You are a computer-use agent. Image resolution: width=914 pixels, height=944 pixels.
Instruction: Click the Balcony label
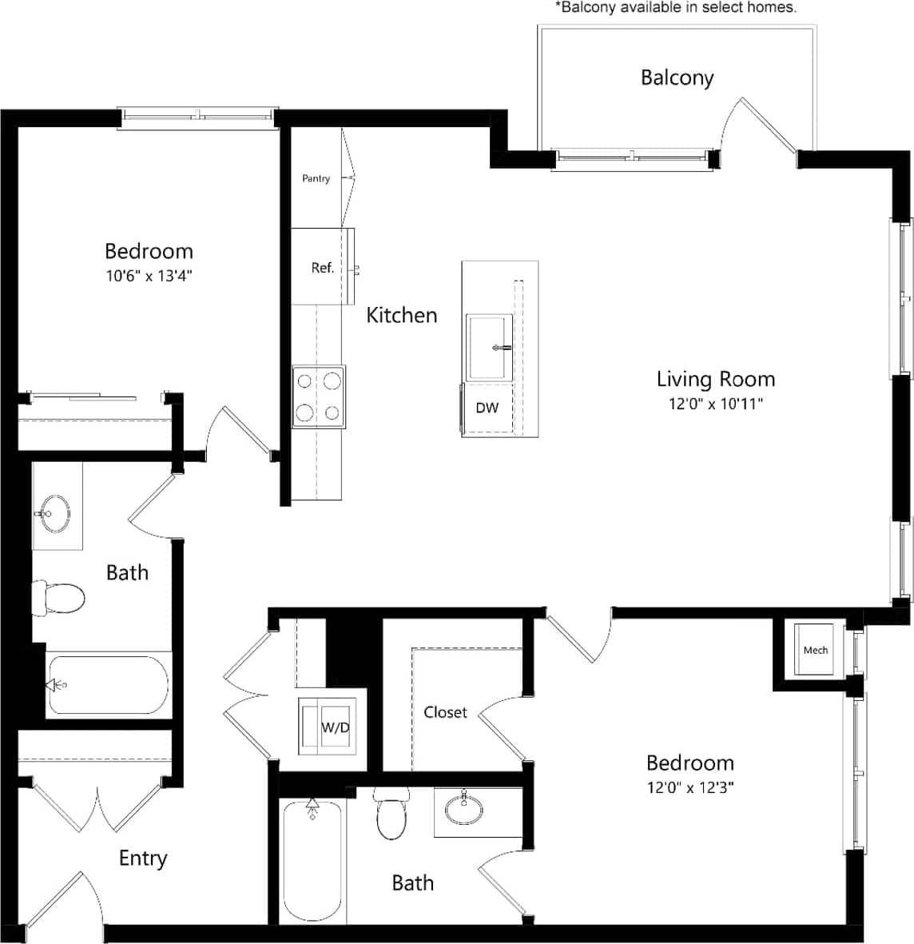677,78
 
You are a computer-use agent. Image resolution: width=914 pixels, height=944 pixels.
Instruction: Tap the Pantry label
316,178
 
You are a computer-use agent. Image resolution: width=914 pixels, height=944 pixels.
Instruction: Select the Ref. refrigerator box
323,267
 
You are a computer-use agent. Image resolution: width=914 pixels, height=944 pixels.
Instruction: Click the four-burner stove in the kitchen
319,397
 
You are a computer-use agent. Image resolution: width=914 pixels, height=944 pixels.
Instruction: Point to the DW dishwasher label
487,408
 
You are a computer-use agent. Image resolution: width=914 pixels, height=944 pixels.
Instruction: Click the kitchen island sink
488,348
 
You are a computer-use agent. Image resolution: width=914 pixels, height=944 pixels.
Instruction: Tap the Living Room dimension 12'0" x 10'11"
715,404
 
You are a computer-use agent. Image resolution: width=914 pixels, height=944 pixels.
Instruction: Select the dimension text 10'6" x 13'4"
149,276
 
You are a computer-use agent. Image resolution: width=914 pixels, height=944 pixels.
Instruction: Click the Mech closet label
815,650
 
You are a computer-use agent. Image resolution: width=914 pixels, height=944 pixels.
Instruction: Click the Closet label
445,711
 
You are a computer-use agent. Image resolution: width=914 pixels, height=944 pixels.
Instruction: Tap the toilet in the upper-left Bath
59,597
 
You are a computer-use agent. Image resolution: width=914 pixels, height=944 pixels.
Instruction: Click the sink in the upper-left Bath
55,509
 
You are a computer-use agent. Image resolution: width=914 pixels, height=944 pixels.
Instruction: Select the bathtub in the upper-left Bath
108,685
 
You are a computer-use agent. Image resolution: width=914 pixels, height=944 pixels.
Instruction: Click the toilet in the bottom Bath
391,815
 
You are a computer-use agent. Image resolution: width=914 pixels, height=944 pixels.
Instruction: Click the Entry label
143,858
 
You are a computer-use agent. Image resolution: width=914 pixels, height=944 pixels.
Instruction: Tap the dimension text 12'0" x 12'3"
690,787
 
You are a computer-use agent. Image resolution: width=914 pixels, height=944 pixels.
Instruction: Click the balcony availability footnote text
675,7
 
